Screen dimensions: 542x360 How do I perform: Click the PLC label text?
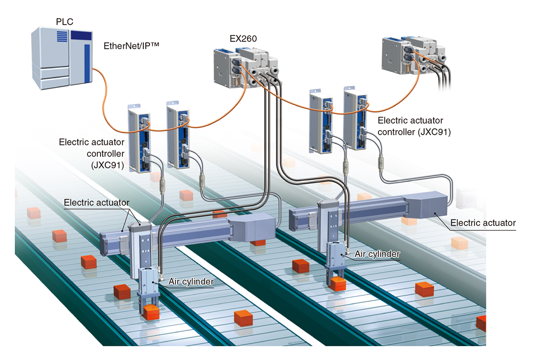click(65, 22)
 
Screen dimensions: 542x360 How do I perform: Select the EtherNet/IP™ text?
click(132, 46)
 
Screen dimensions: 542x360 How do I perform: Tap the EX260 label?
click(243, 39)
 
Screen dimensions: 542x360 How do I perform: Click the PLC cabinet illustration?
click(62, 58)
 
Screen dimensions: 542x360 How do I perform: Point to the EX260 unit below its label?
click(246, 68)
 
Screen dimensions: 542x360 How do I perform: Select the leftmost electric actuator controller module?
click(139, 138)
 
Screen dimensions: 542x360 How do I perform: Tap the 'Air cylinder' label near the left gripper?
click(191, 282)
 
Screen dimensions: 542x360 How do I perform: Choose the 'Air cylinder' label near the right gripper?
click(377, 254)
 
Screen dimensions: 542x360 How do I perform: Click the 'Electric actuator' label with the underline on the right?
click(483, 223)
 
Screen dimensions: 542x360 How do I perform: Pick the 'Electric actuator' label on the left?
click(97, 203)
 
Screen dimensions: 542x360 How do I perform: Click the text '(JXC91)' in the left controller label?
click(107, 165)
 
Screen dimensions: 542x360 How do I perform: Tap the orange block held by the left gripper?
click(151, 313)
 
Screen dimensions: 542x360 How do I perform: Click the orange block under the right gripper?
click(338, 284)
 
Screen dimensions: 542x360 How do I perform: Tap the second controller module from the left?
click(178, 135)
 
